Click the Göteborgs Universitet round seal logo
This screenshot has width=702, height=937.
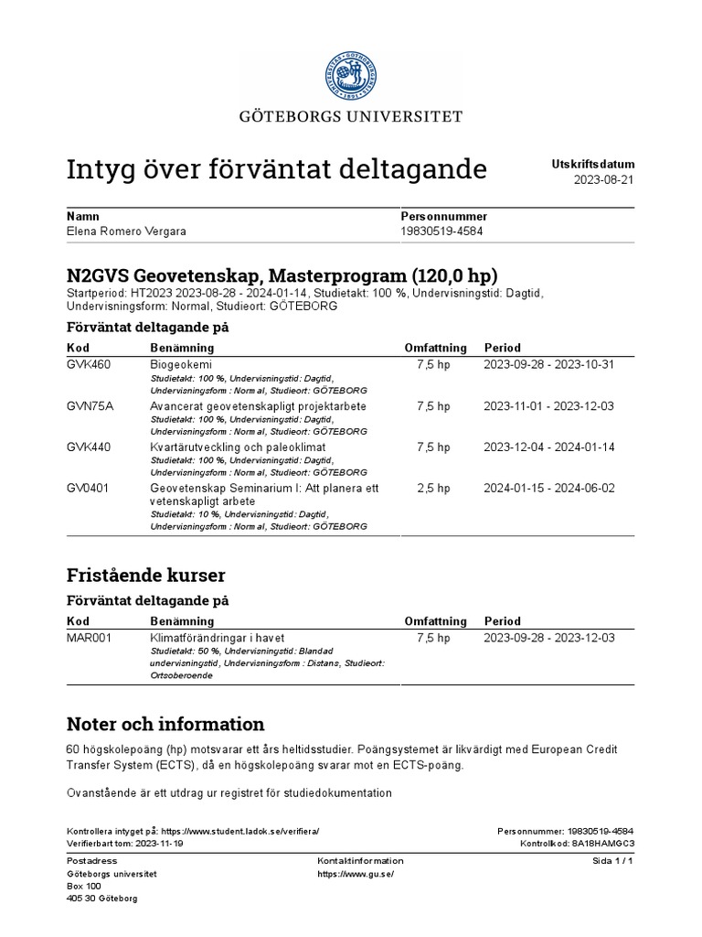(x=351, y=74)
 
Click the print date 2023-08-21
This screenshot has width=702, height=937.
(x=603, y=180)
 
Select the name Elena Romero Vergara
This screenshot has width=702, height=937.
(x=126, y=232)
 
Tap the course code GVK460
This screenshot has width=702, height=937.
(x=89, y=364)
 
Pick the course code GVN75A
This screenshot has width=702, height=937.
(x=89, y=405)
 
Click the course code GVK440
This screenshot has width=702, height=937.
(x=89, y=447)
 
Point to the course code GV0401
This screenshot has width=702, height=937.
(x=89, y=488)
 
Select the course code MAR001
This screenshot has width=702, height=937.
(x=90, y=637)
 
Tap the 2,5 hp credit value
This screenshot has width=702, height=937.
(x=434, y=488)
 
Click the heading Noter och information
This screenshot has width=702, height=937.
(x=165, y=725)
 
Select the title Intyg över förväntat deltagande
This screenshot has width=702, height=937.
(x=277, y=169)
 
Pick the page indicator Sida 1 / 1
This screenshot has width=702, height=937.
(x=613, y=861)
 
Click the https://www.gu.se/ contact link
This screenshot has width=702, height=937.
(x=356, y=874)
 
